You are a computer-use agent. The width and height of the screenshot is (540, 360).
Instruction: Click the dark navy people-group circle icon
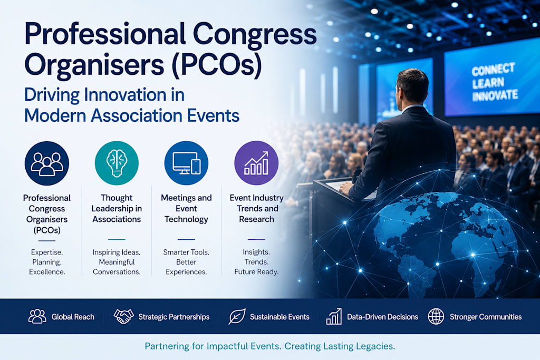pos(47,163)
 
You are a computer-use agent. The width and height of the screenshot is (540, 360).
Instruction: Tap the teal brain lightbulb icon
pos(117,163)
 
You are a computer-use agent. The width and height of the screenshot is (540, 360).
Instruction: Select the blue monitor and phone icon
pos(186,163)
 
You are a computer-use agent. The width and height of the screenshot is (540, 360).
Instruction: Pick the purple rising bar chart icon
pos(256,163)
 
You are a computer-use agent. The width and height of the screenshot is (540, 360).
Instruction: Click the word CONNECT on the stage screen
pos(493,70)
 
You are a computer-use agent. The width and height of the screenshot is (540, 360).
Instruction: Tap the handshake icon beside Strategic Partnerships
pos(123,316)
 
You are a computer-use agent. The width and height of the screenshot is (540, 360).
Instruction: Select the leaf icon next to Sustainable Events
pos(237,316)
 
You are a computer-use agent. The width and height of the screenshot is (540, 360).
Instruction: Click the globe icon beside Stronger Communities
pos(436,316)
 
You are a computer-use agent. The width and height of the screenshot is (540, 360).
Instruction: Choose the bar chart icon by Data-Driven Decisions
pos(334,316)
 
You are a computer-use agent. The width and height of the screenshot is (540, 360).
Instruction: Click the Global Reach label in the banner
pos(73,317)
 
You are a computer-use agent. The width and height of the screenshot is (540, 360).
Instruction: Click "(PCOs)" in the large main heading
pos(217,65)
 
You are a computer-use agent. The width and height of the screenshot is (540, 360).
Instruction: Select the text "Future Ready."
pos(256,272)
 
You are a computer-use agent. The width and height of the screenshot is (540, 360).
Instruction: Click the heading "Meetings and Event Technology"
pos(186,209)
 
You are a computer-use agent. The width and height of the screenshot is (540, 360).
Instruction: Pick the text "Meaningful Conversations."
pos(117,267)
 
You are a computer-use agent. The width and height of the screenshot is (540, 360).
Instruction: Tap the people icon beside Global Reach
pos(37,316)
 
